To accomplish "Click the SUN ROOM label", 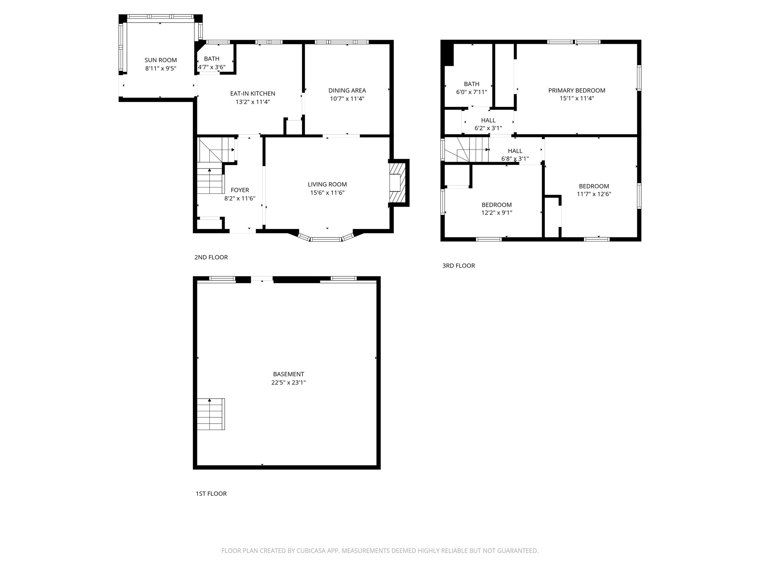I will pos(160,60).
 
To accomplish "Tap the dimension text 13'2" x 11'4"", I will pos(252,102).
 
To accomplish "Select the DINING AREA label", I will pos(347,91).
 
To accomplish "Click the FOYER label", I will pos(240,190).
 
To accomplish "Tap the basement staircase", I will pos(210,414).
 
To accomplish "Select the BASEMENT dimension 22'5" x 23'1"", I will pos(288,383).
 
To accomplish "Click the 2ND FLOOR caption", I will pos(211,257).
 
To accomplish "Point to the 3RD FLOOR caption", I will pos(458,266).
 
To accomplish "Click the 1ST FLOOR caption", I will pos(211,494).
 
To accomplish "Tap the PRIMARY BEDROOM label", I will pos(577,91).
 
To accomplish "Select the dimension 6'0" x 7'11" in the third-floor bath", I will pos(471,92).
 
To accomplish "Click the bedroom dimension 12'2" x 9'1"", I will pos(497,213).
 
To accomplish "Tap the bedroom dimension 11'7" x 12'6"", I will pos(594,194).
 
